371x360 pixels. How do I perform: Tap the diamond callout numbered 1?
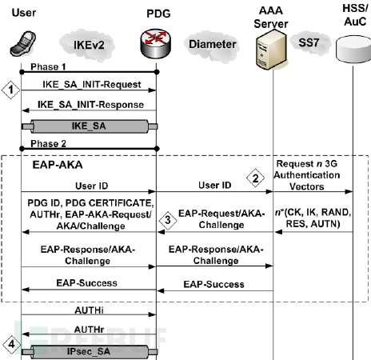(x=10, y=91)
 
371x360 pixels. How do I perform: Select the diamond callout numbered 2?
(x=257, y=178)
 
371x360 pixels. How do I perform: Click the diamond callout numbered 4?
(x=10, y=346)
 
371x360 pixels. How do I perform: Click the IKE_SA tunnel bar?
(x=90, y=126)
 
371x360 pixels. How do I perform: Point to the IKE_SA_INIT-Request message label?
(x=87, y=83)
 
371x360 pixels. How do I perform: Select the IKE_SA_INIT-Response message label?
(x=87, y=105)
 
